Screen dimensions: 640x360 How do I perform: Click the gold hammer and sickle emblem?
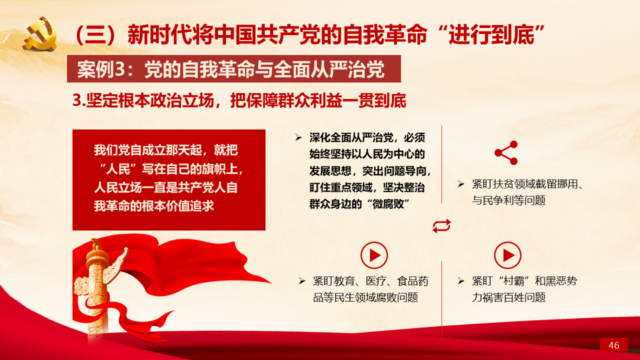pyautogui.click(x=40, y=33)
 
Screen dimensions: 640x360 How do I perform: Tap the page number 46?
pyautogui.click(x=613, y=345)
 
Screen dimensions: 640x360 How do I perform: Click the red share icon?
pyautogui.click(x=506, y=153)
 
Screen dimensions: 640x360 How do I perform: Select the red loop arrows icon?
pyautogui.click(x=441, y=226)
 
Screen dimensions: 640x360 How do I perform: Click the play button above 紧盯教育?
pyautogui.click(x=374, y=255)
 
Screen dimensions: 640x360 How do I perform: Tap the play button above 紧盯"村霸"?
pyautogui.click(x=507, y=255)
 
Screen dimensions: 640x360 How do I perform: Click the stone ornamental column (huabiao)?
pyautogui.click(x=97, y=288)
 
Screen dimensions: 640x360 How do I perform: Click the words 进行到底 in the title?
pyautogui.click(x=491, y=35)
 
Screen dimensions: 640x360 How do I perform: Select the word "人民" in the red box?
pyautogui.click(x=118, y=169)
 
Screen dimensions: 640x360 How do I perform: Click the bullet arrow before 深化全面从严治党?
pyautogui.click(x=298, y=137)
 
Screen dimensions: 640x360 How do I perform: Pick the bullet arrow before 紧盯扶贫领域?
pyautogui.click(x=460, y=183)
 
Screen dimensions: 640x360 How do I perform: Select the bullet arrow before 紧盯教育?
pyautogui.click(x=301, y=281)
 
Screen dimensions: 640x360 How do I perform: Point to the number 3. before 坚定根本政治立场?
pyautogui.click(x=79, y=100)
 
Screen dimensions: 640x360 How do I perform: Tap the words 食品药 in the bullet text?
pyautogui.click(x=412, y=281)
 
